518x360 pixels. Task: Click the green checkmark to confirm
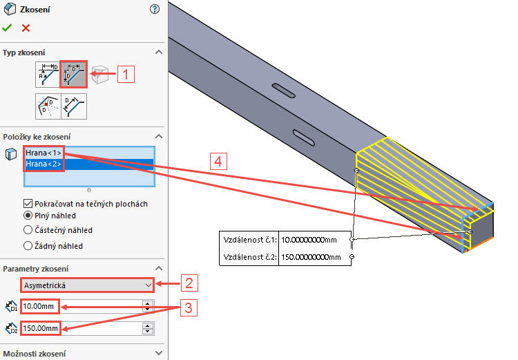tap(7, 28)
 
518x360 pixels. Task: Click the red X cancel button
tap(26, 28)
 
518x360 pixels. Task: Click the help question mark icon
tap(154, 9)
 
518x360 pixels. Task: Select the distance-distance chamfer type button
tap(73, 74)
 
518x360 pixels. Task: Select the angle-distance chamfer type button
tap(48, 74)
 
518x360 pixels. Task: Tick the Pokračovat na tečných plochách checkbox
tap(28, 204)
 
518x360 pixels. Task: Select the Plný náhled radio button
tap(28, 216)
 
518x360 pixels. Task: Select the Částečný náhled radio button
tap(28, 230)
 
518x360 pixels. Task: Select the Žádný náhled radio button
tap(28, 245)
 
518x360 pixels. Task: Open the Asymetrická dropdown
tap(86, 284)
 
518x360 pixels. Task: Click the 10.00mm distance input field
tap(40, 305)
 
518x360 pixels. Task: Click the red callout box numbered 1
tap(124, 73)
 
